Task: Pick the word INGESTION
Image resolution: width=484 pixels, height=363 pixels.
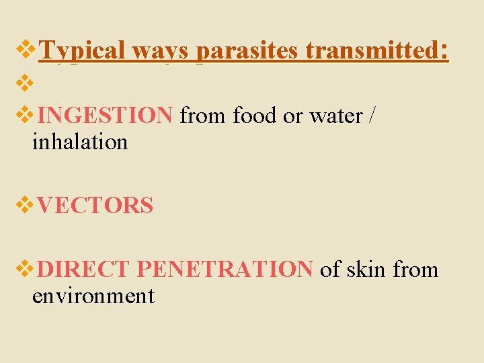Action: (x=106, y=116)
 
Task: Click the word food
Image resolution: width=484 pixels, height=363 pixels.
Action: (x=255, y=116)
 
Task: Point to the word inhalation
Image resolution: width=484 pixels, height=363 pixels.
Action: (x=79, y=142)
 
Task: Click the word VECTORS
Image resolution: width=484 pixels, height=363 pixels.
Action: (x=95, y=206)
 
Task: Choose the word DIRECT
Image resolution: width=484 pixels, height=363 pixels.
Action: (x=84, y=270)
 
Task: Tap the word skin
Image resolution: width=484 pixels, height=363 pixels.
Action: (x=367, y=270)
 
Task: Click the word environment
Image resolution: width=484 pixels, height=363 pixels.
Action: (x=93, y=295)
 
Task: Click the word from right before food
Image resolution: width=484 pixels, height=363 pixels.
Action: (x=204, y=116)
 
